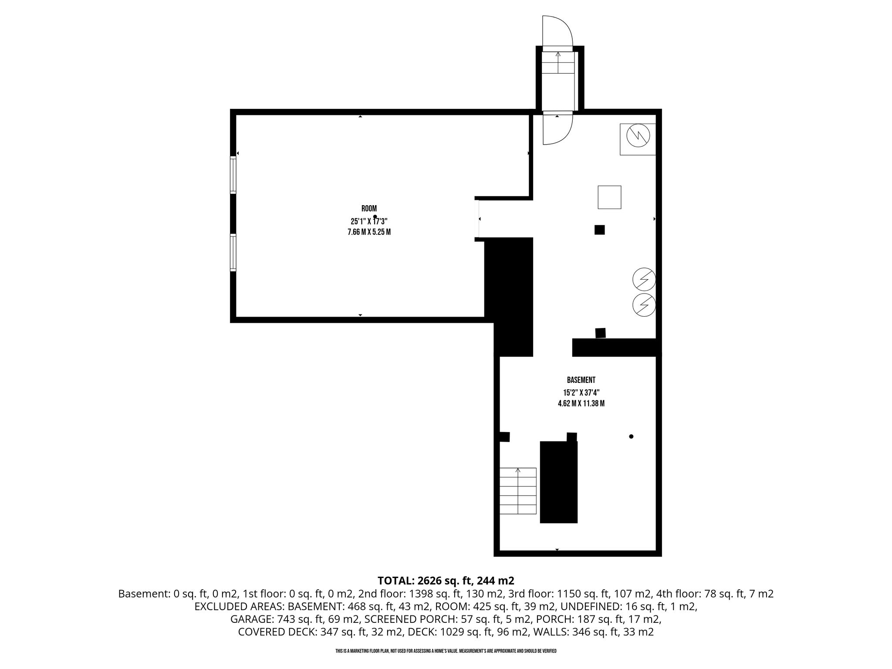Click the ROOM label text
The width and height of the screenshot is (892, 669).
[x=369, y=209]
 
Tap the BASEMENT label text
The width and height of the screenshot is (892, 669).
[x=581, y=380]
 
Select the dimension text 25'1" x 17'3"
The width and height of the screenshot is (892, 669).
[x=369, y=220]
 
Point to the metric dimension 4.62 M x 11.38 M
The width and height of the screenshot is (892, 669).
[x=581, y=404]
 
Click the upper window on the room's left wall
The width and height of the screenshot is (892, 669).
[x=233, y=174]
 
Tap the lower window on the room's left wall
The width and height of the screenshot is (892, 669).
[x=233, y=253]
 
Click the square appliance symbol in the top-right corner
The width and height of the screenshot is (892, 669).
[x=638, y=139]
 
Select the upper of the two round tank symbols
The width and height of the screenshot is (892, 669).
[x=644, y=279]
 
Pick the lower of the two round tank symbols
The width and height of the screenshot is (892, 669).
[x=644, y=304]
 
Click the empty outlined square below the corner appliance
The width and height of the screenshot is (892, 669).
[x=609, y=197]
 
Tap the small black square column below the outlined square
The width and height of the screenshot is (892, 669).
[x=600, y=230]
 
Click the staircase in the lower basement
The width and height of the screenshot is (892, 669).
[x=518, y=491]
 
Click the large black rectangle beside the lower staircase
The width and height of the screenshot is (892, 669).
[x=559, y=482]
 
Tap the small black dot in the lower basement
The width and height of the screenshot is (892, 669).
[x=631, y=436]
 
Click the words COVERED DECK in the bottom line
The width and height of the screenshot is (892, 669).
[x=276, y=632]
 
